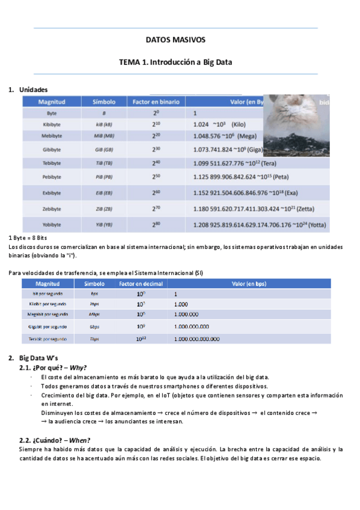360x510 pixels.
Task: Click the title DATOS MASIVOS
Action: [175, 40]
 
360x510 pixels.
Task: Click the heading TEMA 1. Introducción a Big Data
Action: [175, 62]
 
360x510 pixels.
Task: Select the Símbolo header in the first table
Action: [104, 102]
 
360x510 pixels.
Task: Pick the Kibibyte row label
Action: [51, 124]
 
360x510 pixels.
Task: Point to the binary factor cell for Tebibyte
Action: [156, 163]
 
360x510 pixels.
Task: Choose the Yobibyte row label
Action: [51, 224]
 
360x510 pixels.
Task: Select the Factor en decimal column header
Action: [140, 283]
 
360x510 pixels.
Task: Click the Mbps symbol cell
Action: [94, 313]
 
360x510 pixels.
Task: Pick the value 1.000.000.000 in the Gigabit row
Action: [192, 327]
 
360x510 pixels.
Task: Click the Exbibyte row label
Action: [51, 193]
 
